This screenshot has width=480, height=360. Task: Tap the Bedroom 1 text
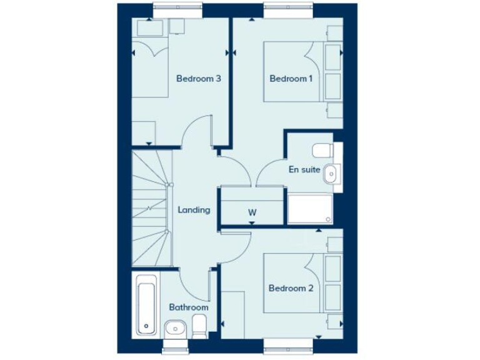(x=291, y=79)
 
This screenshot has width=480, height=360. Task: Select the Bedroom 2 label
(x=291, y=288)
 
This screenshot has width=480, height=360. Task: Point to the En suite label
(x=304, y=169)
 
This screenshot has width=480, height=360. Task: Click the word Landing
(x=194, y=210)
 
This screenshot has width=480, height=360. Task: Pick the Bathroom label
(x=188, y=307)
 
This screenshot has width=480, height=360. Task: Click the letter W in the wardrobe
(x=252, y=212)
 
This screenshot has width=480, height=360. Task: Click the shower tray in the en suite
(x=310, y=208)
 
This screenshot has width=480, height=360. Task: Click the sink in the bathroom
(x=175, y=327)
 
